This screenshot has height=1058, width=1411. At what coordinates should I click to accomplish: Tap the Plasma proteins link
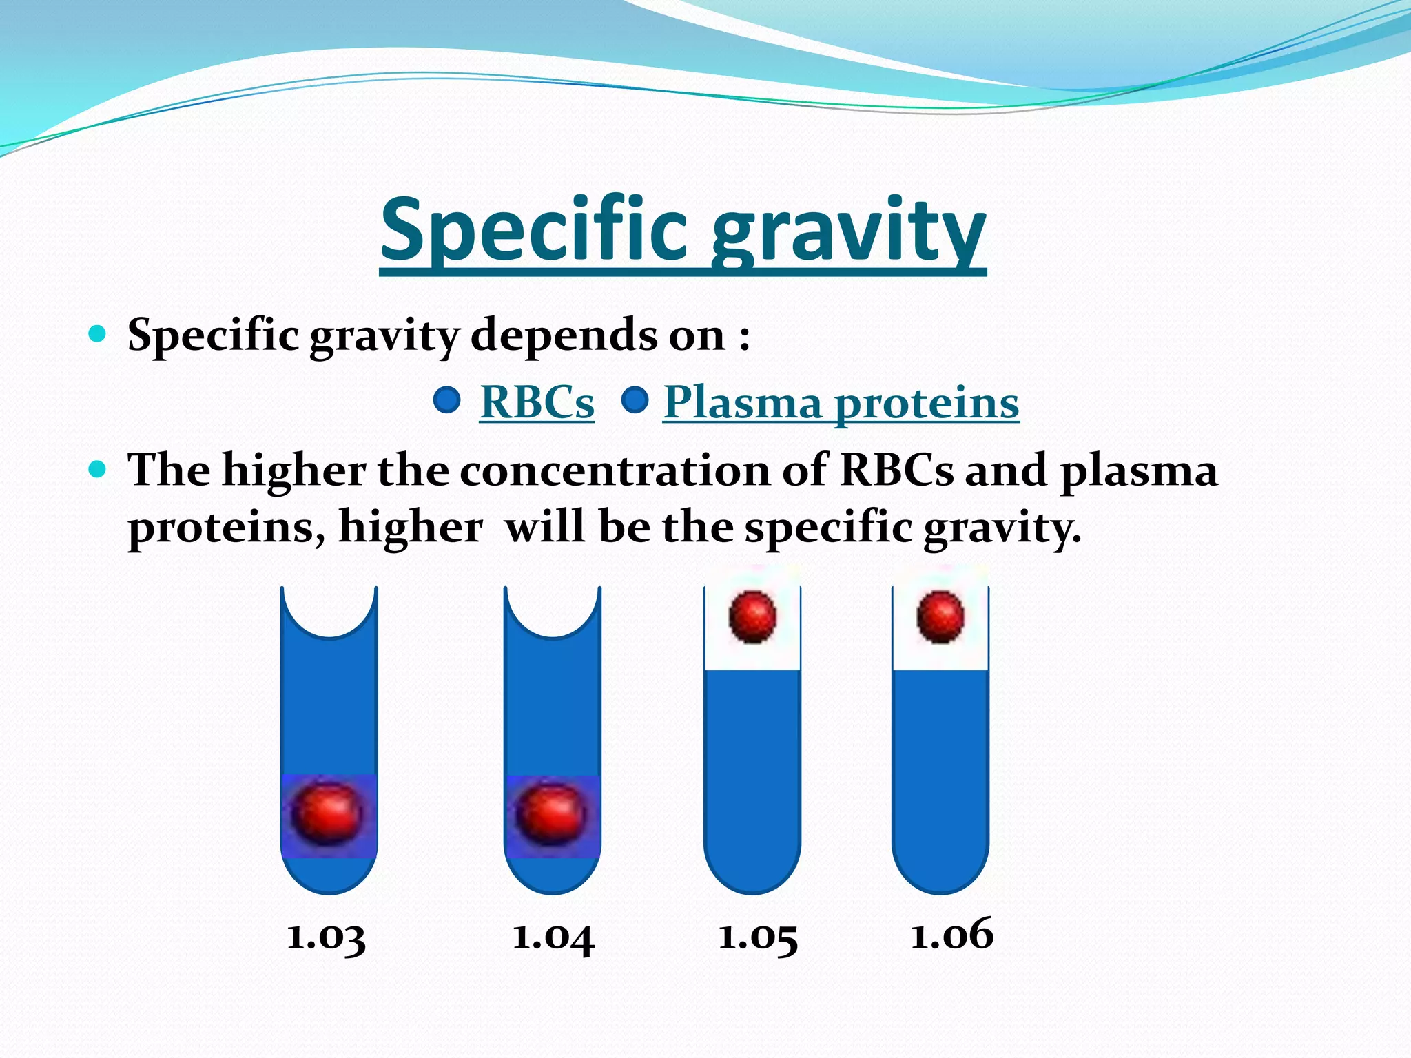(841, 403)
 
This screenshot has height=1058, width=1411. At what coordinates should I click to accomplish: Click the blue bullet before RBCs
(447, 400)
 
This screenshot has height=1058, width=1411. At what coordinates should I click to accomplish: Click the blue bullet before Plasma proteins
(635, 400)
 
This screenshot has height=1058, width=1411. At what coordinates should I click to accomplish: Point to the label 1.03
(326, 937)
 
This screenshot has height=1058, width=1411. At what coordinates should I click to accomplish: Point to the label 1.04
(553, 937)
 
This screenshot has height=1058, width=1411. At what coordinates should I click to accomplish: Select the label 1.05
(758, 937)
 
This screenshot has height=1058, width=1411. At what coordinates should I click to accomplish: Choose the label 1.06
(952, 935)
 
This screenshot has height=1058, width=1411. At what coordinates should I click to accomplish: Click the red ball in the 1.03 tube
(327, 814)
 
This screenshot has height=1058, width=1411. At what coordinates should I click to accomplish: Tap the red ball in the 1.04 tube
(551, 814)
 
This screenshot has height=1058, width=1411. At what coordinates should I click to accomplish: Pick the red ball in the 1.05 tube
(752, 616)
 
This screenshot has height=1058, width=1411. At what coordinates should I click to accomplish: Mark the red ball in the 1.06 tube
(940, 616)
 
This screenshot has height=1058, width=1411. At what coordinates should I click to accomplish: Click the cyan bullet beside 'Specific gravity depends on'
(98, 335)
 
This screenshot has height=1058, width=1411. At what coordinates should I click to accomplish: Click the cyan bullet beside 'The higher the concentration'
(98, 470)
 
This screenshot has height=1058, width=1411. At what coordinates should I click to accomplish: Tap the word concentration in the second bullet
(615, 471)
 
